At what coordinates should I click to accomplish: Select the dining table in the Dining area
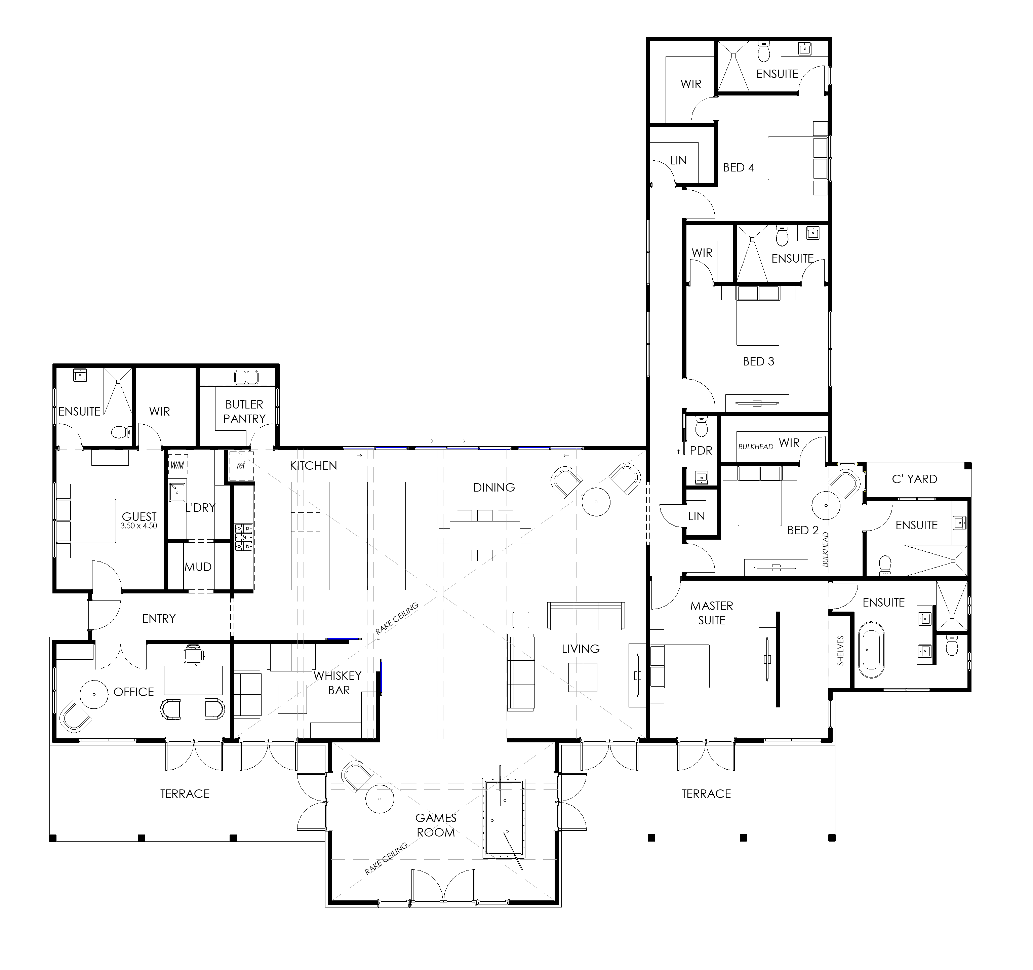(485, 535)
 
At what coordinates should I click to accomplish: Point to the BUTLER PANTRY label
(244, 411)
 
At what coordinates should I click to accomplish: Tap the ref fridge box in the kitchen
(241, 465)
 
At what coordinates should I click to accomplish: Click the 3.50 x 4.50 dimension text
(139, 526)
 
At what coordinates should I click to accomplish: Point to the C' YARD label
(915, 479)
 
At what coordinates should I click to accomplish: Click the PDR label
(701, 451)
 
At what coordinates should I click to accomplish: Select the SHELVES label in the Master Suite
(841, 651)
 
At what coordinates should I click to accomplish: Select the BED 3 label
(759, 361)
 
